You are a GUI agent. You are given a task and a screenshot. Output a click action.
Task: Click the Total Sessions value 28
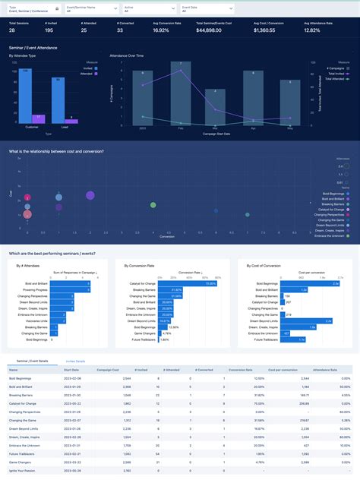[12, 32]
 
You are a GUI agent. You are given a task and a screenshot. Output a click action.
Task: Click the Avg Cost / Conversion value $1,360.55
[265, 32]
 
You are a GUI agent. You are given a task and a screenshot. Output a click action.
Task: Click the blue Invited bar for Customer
[26, 95]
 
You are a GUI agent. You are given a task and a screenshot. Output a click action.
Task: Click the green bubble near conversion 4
[154, 204]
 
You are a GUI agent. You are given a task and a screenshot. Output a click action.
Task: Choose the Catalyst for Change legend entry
[333, 209]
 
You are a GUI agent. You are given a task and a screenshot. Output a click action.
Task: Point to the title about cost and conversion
[56, 152]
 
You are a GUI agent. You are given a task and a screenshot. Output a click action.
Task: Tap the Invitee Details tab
[76, 361]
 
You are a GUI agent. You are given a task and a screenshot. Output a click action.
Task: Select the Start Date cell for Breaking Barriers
[74, 395]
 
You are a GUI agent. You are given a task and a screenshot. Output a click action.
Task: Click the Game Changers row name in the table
[20, 462]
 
